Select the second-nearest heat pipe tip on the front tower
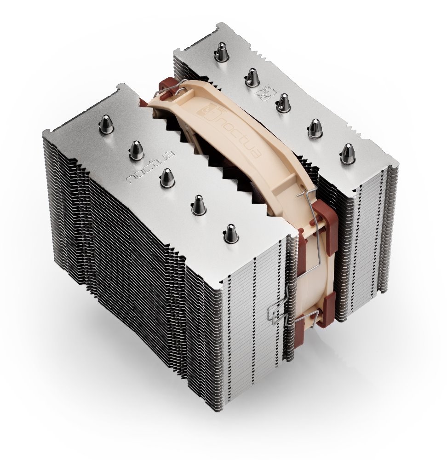[198, 204]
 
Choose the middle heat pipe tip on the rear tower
[284, 103]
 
